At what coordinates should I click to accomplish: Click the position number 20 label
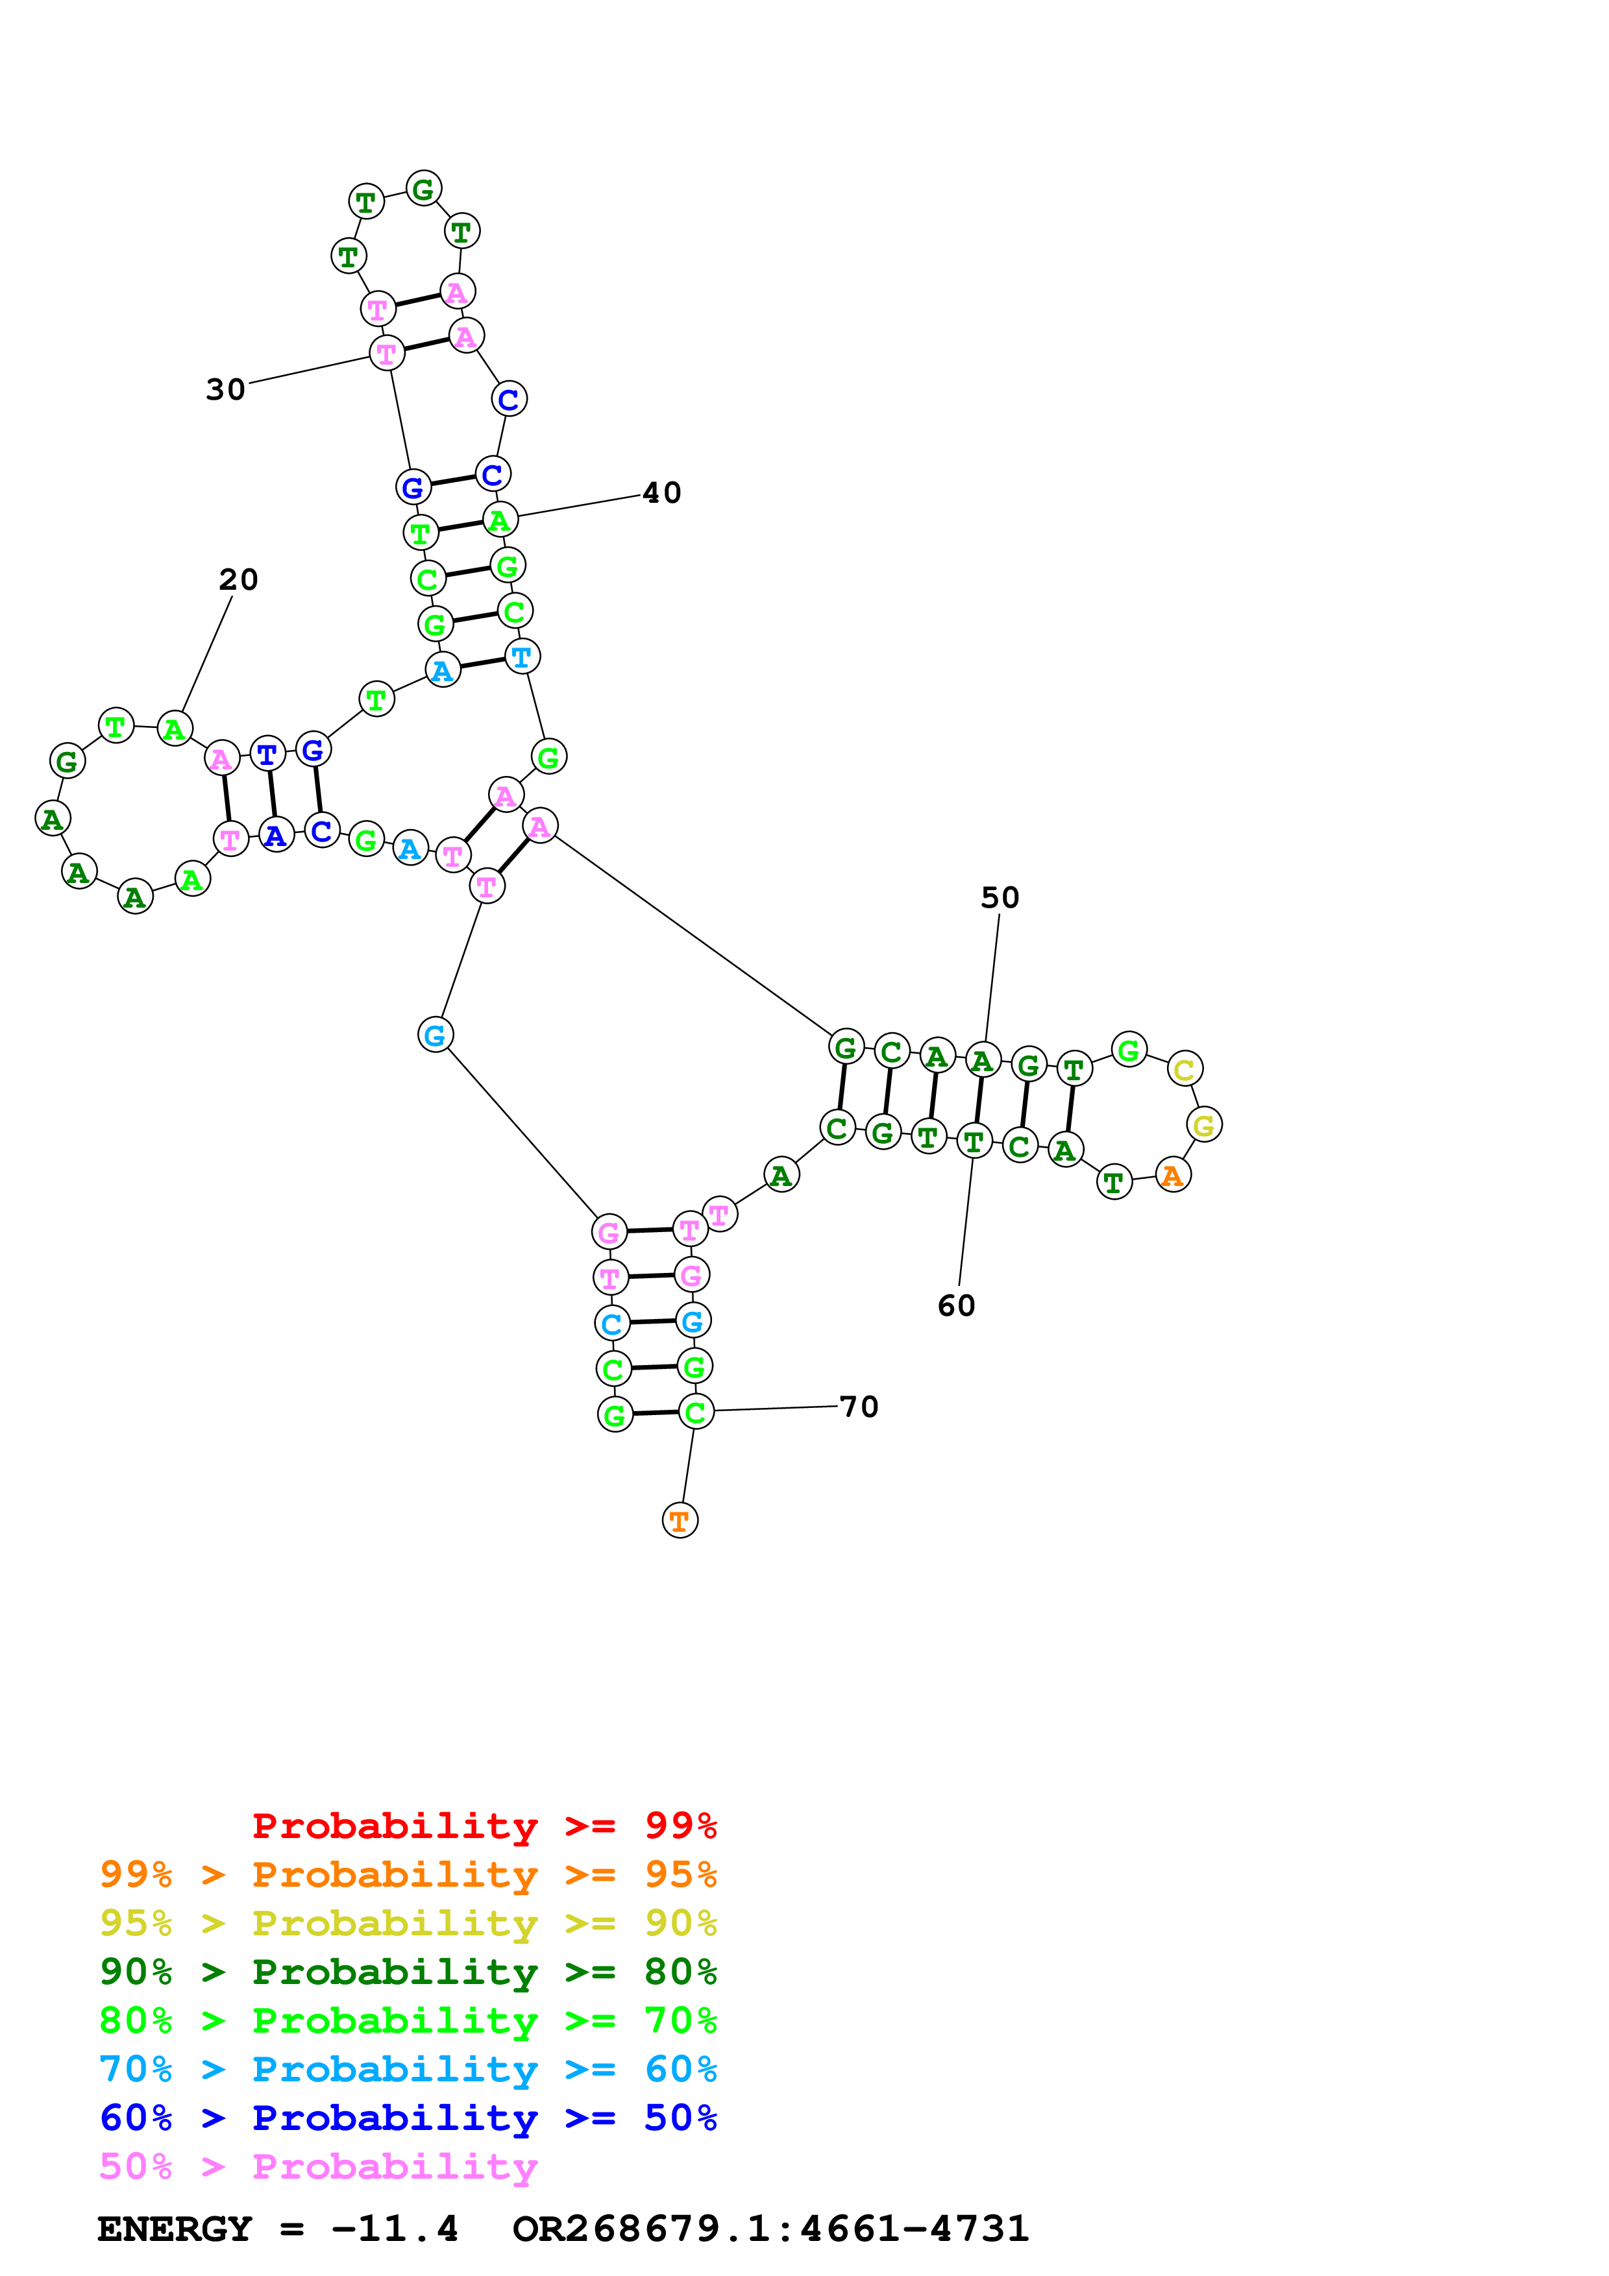(x=238, y=580)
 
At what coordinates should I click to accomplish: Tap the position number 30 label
(x=225, y=389)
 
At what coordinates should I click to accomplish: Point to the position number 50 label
(x=1000, y=897)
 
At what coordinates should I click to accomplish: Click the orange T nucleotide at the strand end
(x=679, y=1521)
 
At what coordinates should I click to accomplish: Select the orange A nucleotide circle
(x=1173, y=1175)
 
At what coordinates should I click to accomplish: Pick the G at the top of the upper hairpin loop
(x=423, y=188)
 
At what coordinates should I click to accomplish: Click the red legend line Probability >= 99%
(x=484, y=1825)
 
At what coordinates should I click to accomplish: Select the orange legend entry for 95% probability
(x=408, y=1874)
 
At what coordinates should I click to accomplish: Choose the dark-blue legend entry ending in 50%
(x=408, y=2118)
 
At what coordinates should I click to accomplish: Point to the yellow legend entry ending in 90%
(x=408, y=1923)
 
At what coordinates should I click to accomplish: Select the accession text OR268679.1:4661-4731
(x=770, y=2229)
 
